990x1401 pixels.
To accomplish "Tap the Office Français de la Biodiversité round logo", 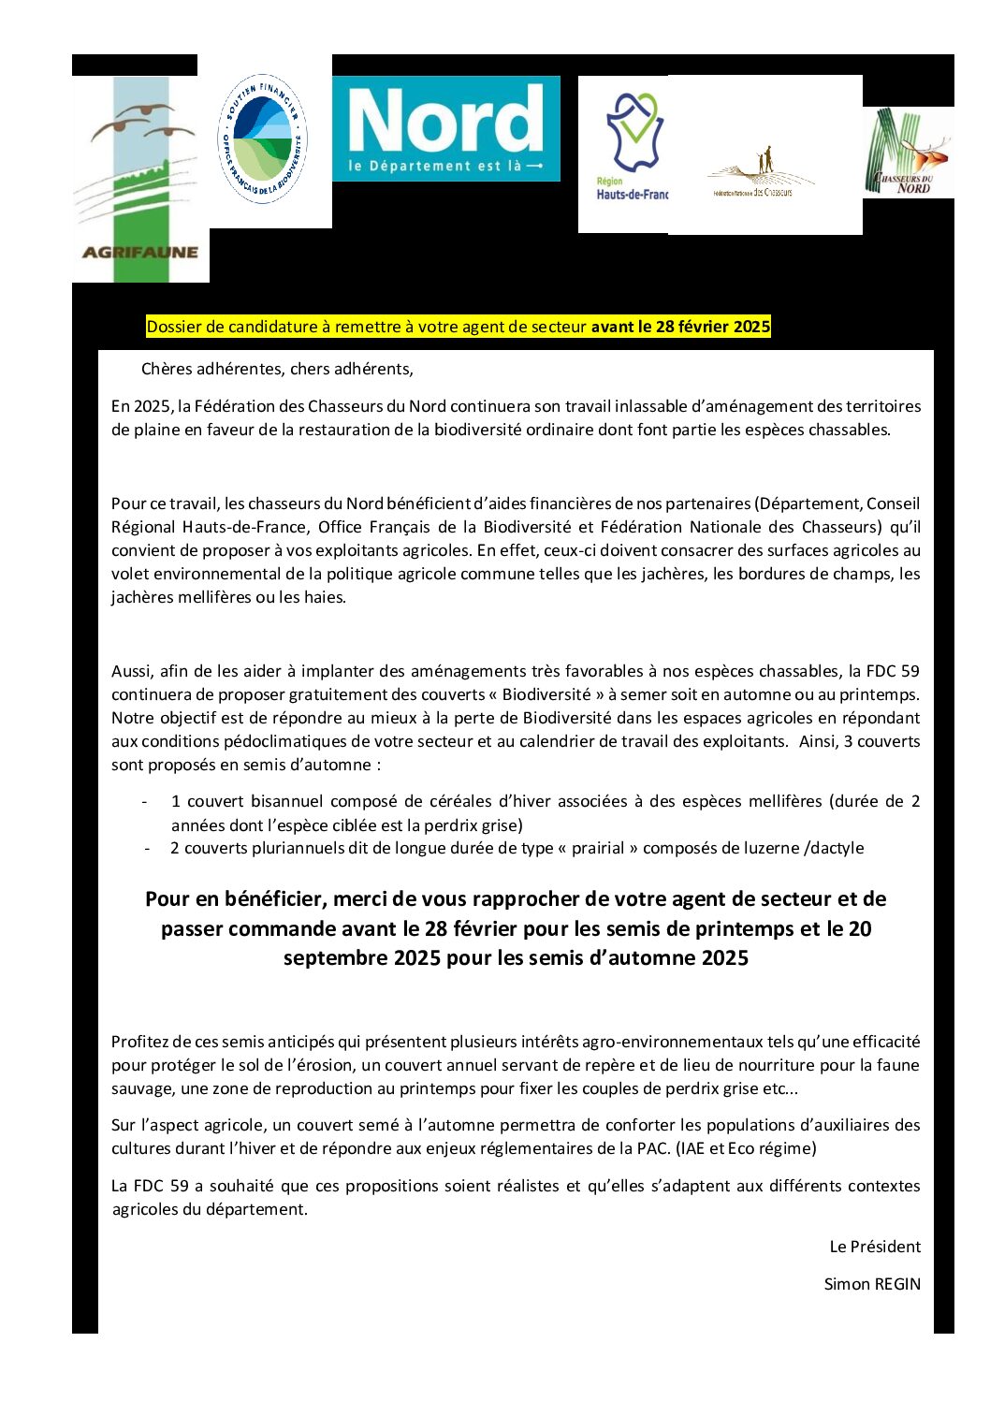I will point(262,139).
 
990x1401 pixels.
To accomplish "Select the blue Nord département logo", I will point(446,128).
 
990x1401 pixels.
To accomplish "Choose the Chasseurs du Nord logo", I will point(907,152).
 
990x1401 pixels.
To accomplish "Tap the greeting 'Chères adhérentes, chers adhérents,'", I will point(277,369).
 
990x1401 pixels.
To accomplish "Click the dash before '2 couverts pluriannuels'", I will point(148,848).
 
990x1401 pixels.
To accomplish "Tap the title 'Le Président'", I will point(875,1247).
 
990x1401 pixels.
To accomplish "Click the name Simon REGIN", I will point(872,1284).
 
